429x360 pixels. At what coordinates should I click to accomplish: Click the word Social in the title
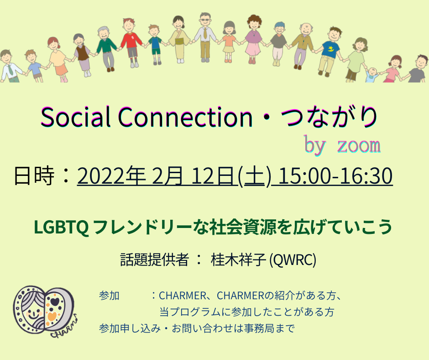[x=75, y=116]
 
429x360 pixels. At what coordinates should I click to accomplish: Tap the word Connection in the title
[x=185, y=117]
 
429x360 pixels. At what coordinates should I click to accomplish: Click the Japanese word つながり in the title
[x=329, y=117]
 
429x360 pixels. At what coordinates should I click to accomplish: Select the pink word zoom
[x=359, y=145]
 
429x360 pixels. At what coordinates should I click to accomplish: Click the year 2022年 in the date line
[x=111, y=175]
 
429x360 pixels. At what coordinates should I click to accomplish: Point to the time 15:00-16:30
[x=335, y=175]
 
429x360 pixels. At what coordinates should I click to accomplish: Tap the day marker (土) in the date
[x=255, y=176]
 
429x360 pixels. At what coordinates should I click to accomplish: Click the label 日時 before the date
[x=34, y=175]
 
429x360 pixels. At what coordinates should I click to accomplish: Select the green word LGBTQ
[x=61, y=227]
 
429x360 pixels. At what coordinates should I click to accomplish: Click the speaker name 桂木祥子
[x=238, y=259]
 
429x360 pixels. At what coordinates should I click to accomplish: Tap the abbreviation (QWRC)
[x=293, y=259]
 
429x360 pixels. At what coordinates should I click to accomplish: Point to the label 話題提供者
[x=155, y=259]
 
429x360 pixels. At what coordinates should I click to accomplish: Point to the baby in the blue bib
[x=372, y=75]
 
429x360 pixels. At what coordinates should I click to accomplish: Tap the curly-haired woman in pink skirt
[x=254, y=39]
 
